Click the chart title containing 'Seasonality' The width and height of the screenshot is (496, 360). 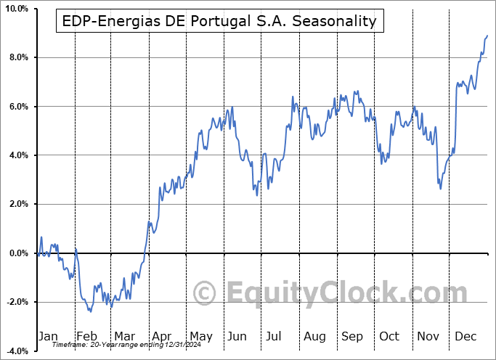click(220, 21)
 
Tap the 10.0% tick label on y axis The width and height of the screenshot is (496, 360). click(16, 9)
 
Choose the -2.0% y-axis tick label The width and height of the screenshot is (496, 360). click(16, 302)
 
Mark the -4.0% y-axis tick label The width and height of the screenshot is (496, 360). click(16, 351)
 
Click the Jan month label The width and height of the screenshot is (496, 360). click(48, 336)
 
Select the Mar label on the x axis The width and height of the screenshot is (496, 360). click(123, 336)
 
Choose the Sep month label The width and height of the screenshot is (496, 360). click(352, 336)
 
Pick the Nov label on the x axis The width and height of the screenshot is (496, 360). click(428, 336)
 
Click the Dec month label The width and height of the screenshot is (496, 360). click(465, 336)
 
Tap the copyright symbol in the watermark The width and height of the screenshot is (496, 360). click(206, 294)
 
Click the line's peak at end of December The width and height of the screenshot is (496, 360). click(487, 36)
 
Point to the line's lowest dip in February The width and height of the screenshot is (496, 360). click(91, 311)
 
